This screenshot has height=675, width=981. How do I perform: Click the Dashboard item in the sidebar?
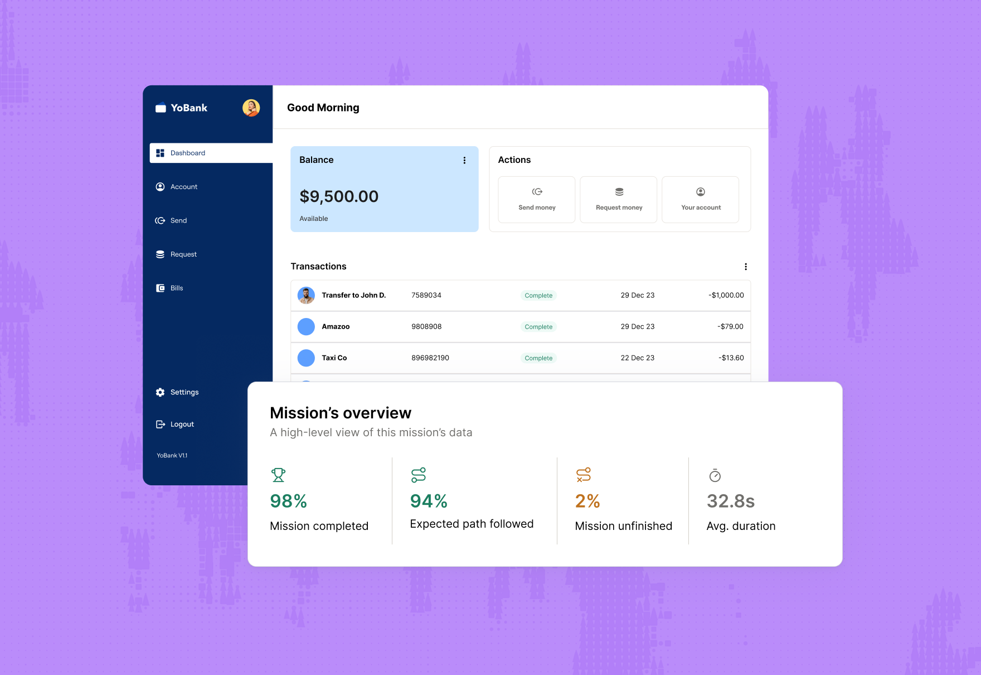point(187,153)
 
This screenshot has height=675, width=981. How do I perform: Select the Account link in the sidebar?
point(183,187)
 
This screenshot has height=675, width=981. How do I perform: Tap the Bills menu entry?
point(176,288)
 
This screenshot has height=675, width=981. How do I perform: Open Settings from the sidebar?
point(184,392)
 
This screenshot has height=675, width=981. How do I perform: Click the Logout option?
point(182,425)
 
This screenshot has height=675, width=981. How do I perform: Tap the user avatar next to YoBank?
point(251,108)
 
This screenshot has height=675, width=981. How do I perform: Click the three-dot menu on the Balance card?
point(464,160)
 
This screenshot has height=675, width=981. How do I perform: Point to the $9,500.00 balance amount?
point(339,196)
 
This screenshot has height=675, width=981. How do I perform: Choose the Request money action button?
point(619,200)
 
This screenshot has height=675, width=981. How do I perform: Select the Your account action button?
point(701,200)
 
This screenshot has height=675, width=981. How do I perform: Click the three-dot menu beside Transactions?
point(746,267)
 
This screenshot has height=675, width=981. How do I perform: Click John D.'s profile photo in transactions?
point(306,295)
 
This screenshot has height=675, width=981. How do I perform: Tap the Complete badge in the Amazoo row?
point(538,327)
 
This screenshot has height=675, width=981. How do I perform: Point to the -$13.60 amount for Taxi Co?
point(731,358)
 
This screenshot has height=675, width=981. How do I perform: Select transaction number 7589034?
point(426,295)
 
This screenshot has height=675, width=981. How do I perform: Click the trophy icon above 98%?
point(278,475)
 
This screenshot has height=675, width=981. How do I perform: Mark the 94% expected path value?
point(429,501)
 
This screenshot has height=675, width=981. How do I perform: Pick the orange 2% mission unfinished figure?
point(587,501)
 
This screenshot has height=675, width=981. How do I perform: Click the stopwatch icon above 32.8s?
point(715,475)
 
